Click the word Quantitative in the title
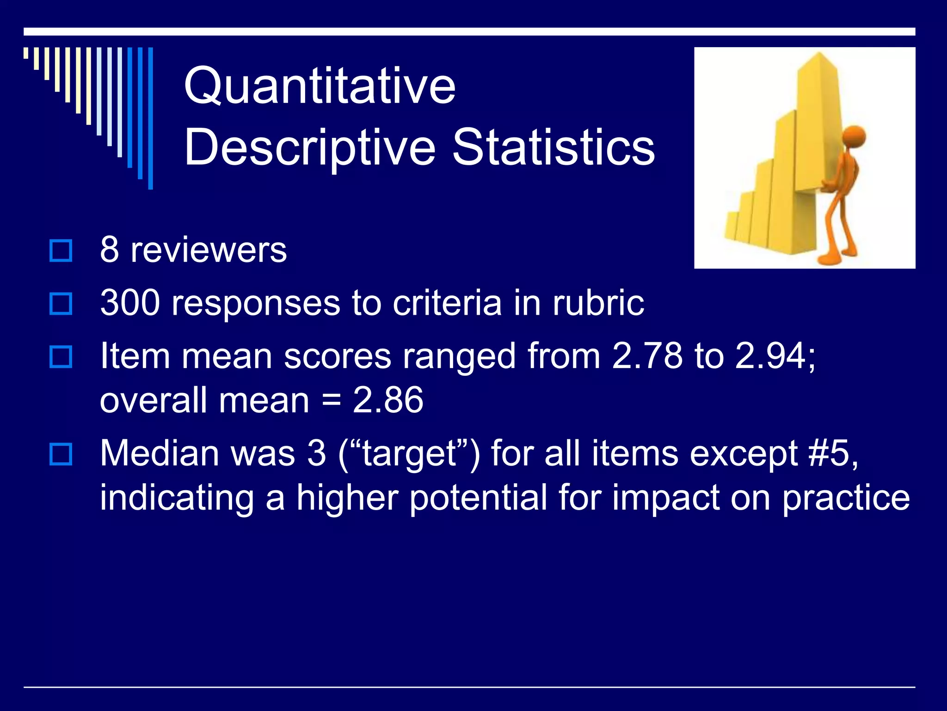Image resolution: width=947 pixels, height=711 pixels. coord(320,86)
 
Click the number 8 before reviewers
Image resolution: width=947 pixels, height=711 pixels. coord(110,250)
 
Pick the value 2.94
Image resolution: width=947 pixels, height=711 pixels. coord(770,356)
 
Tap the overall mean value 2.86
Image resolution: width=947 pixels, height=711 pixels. coord(388,400)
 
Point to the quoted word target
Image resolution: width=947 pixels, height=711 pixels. coord(409,454)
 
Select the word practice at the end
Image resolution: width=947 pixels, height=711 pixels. coord(846,498)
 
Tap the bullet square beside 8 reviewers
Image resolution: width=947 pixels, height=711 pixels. coord(61,251)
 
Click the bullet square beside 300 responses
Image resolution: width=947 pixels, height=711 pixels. coord(61,304)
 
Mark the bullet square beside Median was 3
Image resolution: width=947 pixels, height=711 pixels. coord(61,454)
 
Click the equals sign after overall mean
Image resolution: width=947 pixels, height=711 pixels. coord(331,400)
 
